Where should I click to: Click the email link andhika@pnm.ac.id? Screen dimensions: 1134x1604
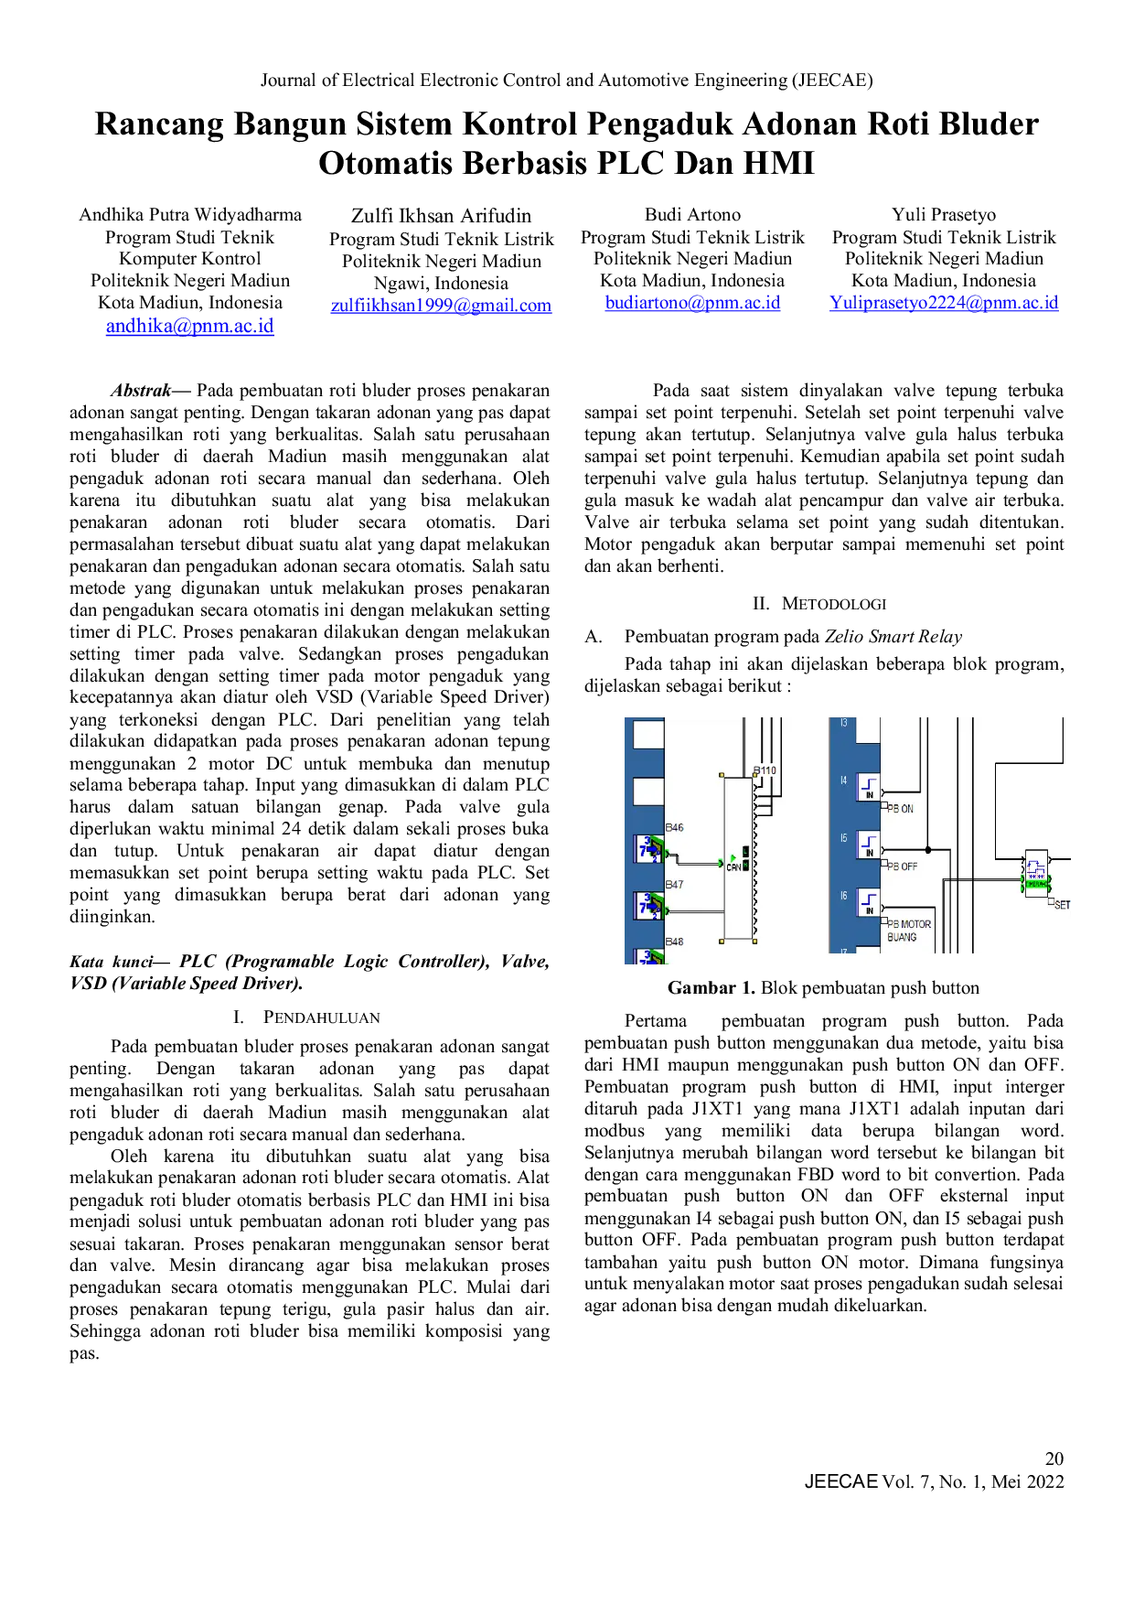(x=189, y=326)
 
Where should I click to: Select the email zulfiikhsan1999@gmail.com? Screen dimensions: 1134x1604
(x=441, y=306)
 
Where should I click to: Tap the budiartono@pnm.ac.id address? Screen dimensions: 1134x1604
(x=692, y=303)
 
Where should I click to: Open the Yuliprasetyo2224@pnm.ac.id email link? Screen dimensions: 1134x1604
(x=944, y=303)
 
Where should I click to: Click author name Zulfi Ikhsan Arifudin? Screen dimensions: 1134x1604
(x=441, y=216)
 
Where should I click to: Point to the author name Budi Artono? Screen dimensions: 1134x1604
(x=692, y=214)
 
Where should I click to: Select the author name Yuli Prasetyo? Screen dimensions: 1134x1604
(x=944, y=214)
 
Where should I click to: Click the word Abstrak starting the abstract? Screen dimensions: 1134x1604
(x=141, y=391)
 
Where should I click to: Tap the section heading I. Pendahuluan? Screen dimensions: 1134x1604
(x=306, y=1017)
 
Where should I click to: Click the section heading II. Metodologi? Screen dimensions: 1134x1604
(x=819, y=604)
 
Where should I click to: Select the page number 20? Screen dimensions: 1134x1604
(x=1054, y=1459)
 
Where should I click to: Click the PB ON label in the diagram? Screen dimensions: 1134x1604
(x=900, y=809)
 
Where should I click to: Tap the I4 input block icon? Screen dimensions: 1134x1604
(x=868, y=788)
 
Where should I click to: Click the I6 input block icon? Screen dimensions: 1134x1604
(x=868, y=903)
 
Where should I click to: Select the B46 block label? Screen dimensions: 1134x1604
(x=674, y=827)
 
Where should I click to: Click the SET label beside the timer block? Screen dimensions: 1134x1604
(x=1062, y=905)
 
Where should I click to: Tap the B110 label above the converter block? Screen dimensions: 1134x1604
(x=765, y=770)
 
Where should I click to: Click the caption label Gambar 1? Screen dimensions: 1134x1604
(x=711, y=988)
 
